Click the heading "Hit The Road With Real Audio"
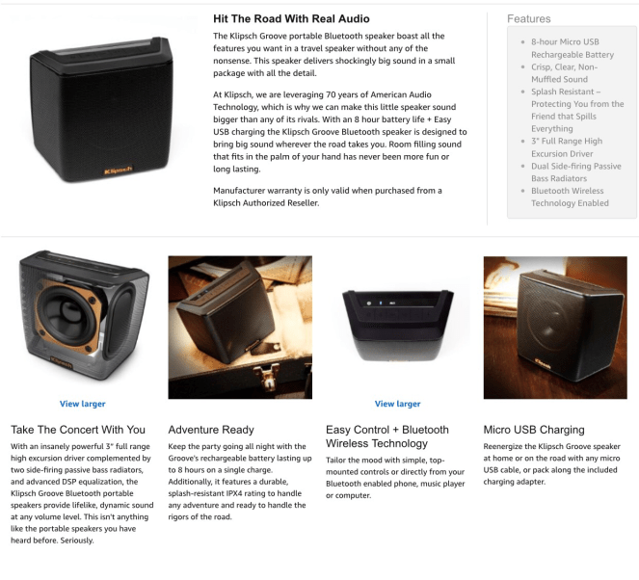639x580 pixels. [x=291, y=18]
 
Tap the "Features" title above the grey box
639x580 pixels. [x=528, y=18]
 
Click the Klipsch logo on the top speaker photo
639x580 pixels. [x=119, y=170]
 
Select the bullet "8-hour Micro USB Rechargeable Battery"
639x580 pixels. [x=572, y=48]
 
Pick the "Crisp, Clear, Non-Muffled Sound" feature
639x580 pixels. [x=565, y=73]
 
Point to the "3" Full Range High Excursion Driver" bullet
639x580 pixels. [x=567, y=147]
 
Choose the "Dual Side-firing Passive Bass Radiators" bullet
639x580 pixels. [x=575, y=171]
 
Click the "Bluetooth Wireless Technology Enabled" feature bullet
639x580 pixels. [x=570, y=197]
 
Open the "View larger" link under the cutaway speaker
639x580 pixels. [x=82, y=404]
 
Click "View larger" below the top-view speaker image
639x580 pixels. [x=397, y=404]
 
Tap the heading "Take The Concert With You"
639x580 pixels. [x=78, y=430]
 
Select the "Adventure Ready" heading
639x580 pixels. [x=211, y=430]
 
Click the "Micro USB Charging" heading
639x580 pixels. [x=534, y=430]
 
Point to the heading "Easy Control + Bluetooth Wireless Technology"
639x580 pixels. [x=387, y=436]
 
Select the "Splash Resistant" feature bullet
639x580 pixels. [x=577, y=110]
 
